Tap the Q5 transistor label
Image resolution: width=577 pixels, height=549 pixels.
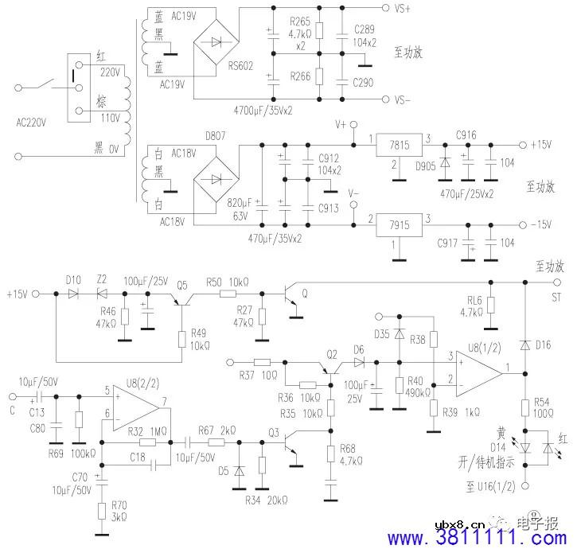click(182, 285)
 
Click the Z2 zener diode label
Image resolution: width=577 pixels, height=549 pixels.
click(101, 281)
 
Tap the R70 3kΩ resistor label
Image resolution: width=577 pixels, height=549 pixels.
click(119, 510)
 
